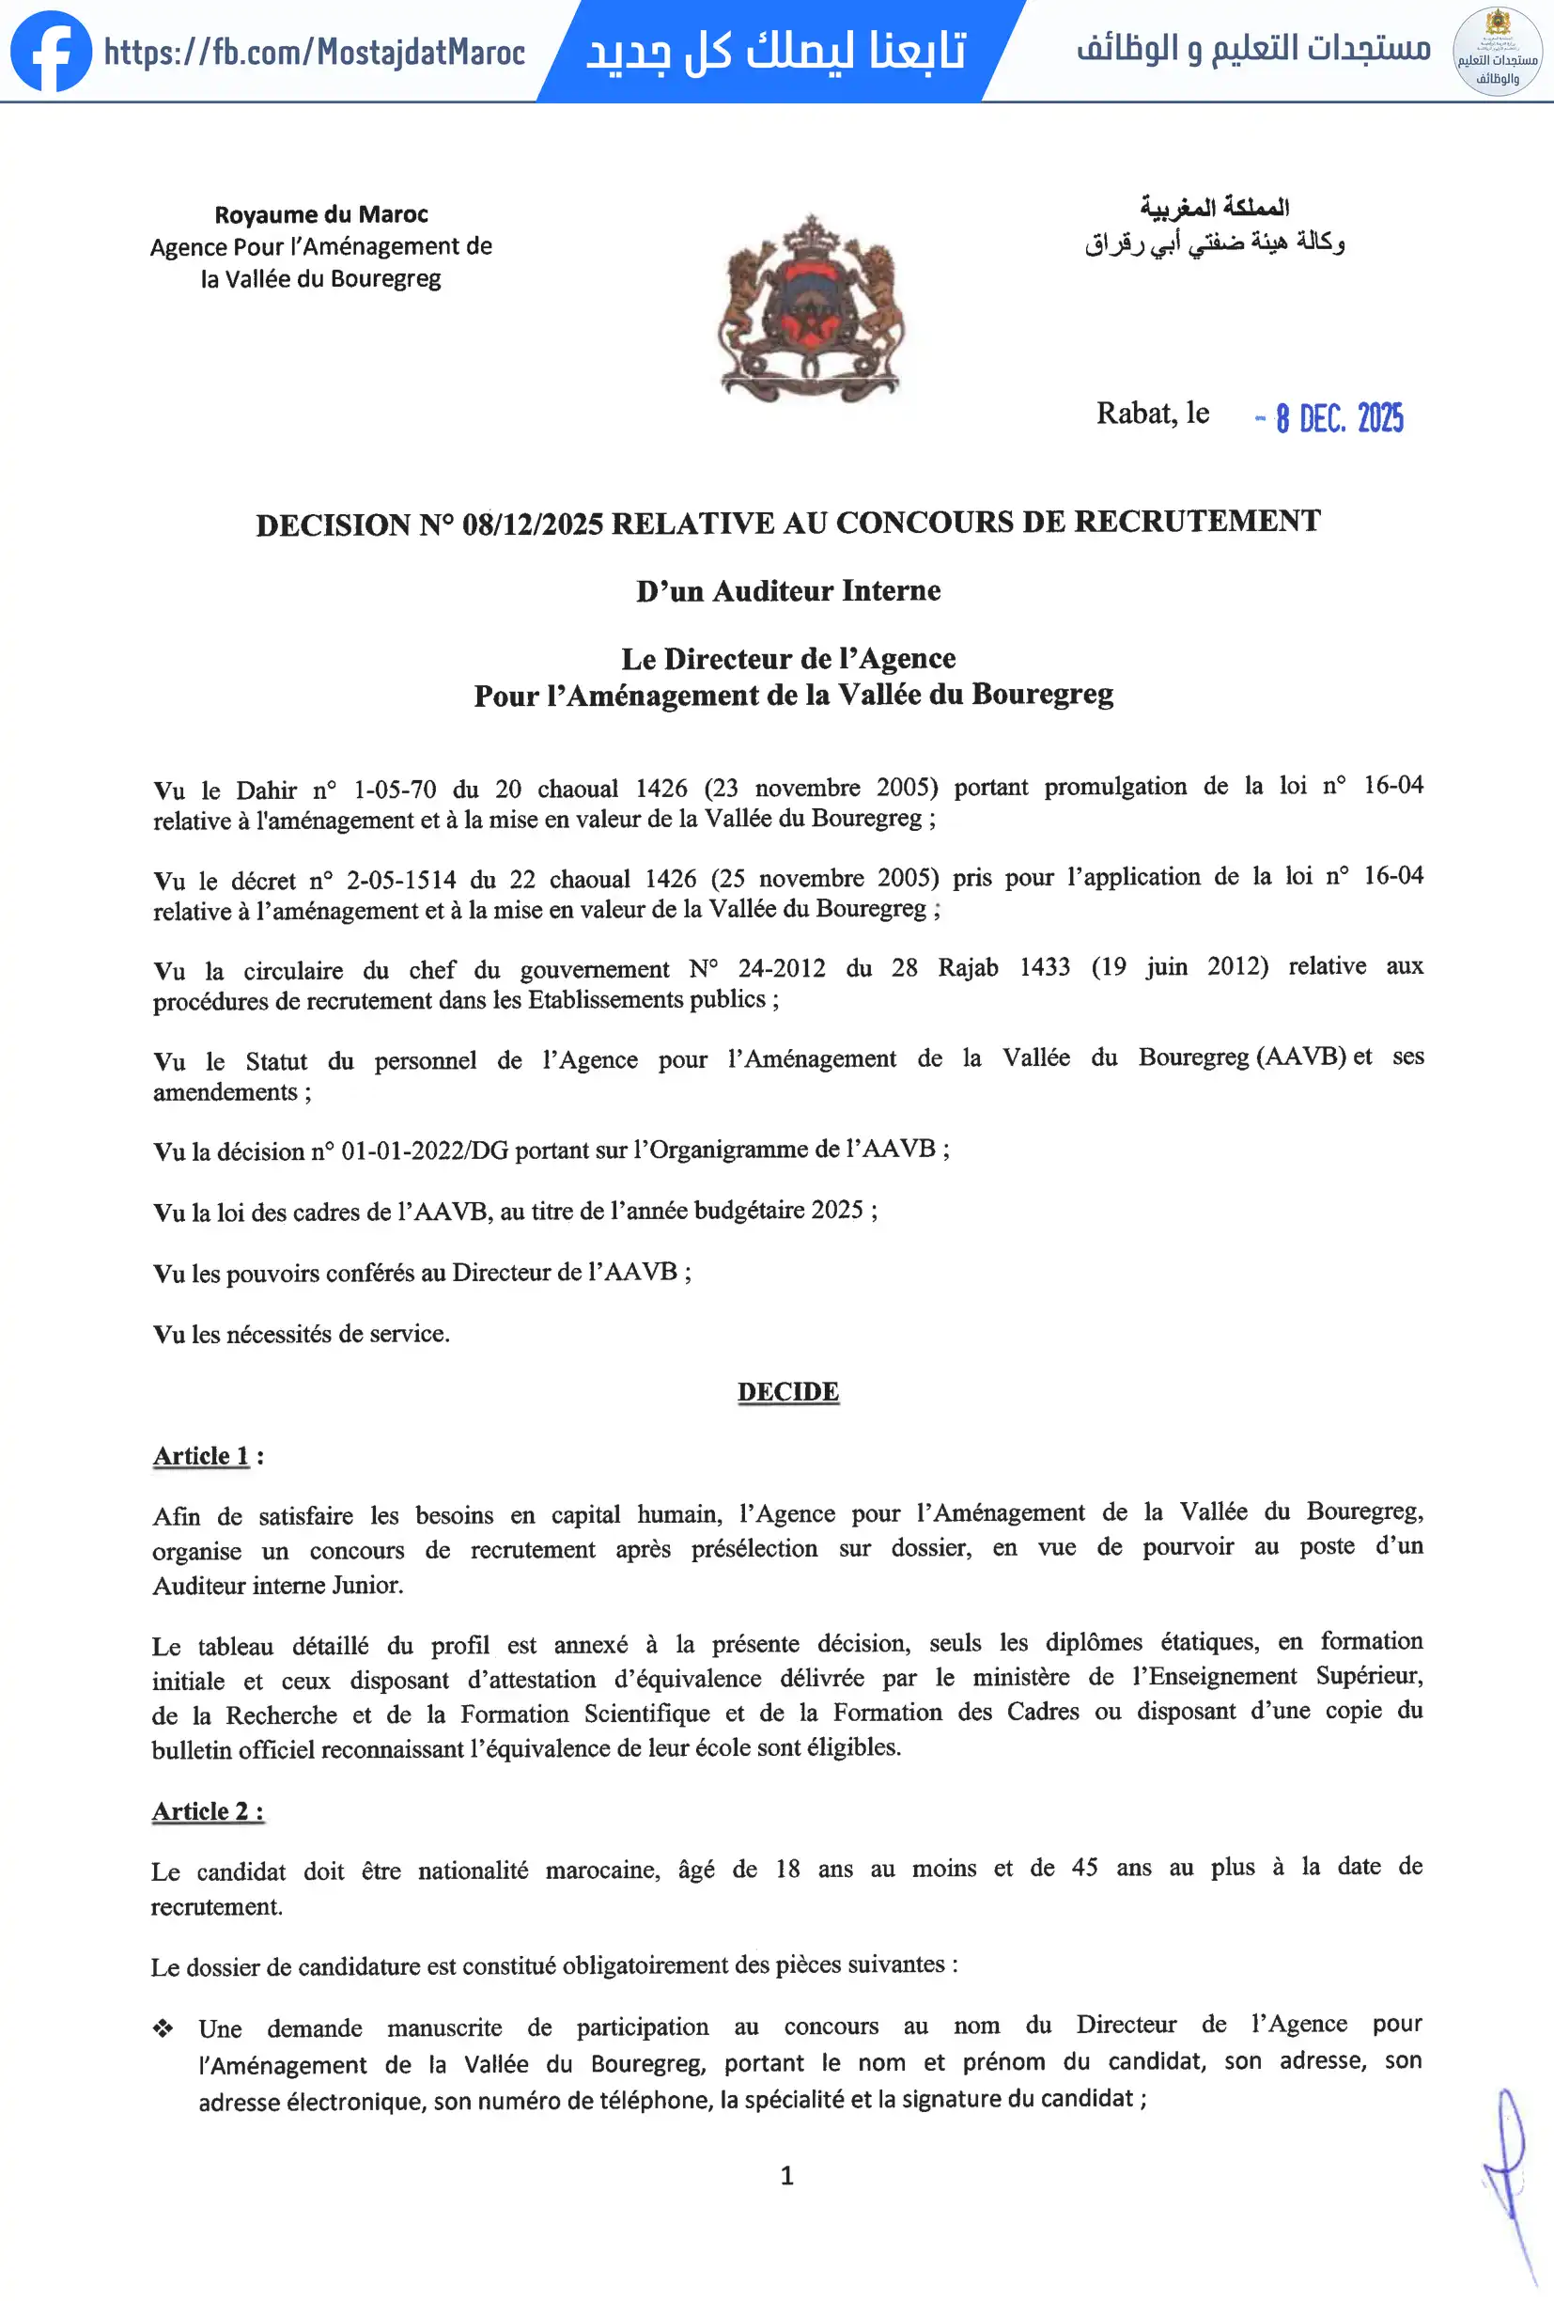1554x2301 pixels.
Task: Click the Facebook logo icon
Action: (51, 52)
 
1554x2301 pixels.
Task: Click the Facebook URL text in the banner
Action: (315, 52)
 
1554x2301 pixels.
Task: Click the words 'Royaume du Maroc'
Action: (320, 214)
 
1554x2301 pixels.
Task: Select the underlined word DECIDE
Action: (788, 1391)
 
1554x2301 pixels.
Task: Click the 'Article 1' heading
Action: (201, 1455)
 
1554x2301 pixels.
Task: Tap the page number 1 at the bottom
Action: (787, 2175)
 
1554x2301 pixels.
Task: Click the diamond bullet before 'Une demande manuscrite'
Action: (163, 2028)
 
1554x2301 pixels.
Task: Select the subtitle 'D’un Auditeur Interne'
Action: (788, 590)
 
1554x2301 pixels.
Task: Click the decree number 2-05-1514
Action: (401, 879)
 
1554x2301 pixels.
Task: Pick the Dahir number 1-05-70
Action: (394, 790)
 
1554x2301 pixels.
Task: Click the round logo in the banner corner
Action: (1497, 52)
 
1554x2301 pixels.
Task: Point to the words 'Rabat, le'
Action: (1152, 413)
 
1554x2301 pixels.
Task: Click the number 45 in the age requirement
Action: (1085, 1868)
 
